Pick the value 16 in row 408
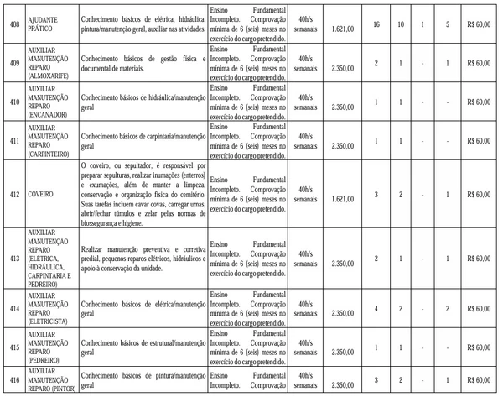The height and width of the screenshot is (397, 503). coord(376,25)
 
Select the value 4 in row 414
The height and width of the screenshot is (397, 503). coord(376,309)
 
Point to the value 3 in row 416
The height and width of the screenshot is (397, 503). coord(376,381)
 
